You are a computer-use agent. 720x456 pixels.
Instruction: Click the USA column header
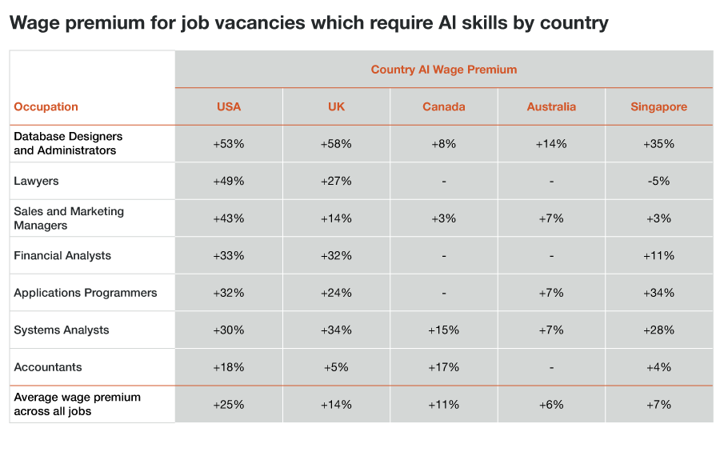[228, 106]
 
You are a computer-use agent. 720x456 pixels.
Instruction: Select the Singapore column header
[659, 106]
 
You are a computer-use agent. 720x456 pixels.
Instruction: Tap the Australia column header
[551, 106]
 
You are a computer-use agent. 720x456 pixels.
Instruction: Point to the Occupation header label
[46, 106]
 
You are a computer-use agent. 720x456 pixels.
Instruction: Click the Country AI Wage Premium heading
[443, 70]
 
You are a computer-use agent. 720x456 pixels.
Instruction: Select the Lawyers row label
[36, 181]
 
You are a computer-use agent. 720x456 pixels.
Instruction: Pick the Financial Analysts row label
[62, 256]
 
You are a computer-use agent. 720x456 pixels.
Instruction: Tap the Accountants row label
[47, 367]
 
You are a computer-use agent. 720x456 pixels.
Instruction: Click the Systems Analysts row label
[61, 330]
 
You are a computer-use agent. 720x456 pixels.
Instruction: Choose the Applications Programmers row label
[85, 293]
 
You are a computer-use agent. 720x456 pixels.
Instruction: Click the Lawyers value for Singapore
[659, 181]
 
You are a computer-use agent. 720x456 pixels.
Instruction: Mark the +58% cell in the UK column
[336, 144]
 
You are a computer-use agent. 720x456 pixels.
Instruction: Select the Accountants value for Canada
[443, 367]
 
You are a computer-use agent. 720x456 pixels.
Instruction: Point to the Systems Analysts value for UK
[336, 330]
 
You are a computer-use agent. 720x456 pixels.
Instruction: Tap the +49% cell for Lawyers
[228, 181]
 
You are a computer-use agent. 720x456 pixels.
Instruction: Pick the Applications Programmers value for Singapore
[659, 293]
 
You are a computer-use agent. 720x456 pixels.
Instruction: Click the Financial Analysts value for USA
[228, 256]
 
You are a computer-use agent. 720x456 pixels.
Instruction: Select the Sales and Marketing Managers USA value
[228, 218]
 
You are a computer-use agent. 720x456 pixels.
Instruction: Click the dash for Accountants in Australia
[551, 367]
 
